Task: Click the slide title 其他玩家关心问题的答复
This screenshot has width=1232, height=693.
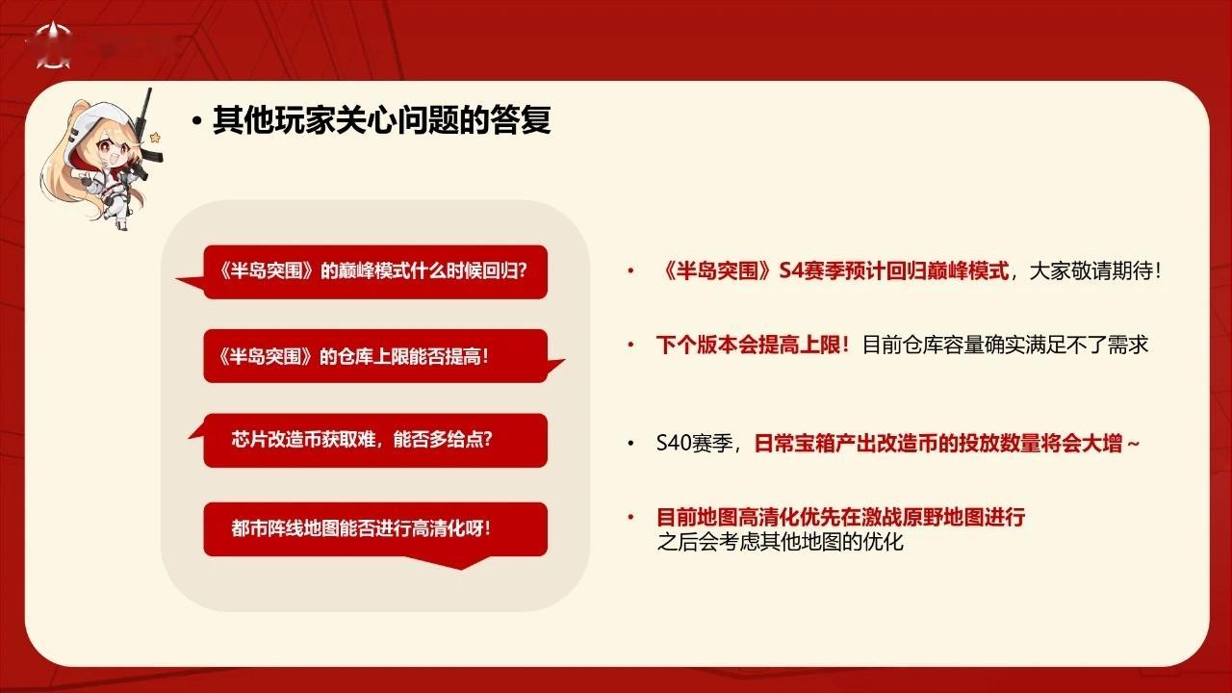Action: point(381,120)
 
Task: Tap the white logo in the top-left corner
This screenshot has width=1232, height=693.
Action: point(53,45)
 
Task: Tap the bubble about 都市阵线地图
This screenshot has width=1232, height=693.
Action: point(375,530)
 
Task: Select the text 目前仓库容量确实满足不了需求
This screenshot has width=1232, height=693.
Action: point(1005,345)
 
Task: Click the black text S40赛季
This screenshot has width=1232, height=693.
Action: point(695,443)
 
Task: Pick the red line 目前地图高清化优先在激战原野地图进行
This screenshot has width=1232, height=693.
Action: point(841,517)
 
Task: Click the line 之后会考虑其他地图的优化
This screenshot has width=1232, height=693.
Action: point(780,542)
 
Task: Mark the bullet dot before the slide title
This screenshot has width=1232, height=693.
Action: point(197,121)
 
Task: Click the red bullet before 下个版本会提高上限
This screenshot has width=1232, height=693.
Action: point(630,345)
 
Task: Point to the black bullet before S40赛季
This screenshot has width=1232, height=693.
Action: point(630,443)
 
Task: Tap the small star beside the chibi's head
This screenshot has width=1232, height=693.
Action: point(156,138)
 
